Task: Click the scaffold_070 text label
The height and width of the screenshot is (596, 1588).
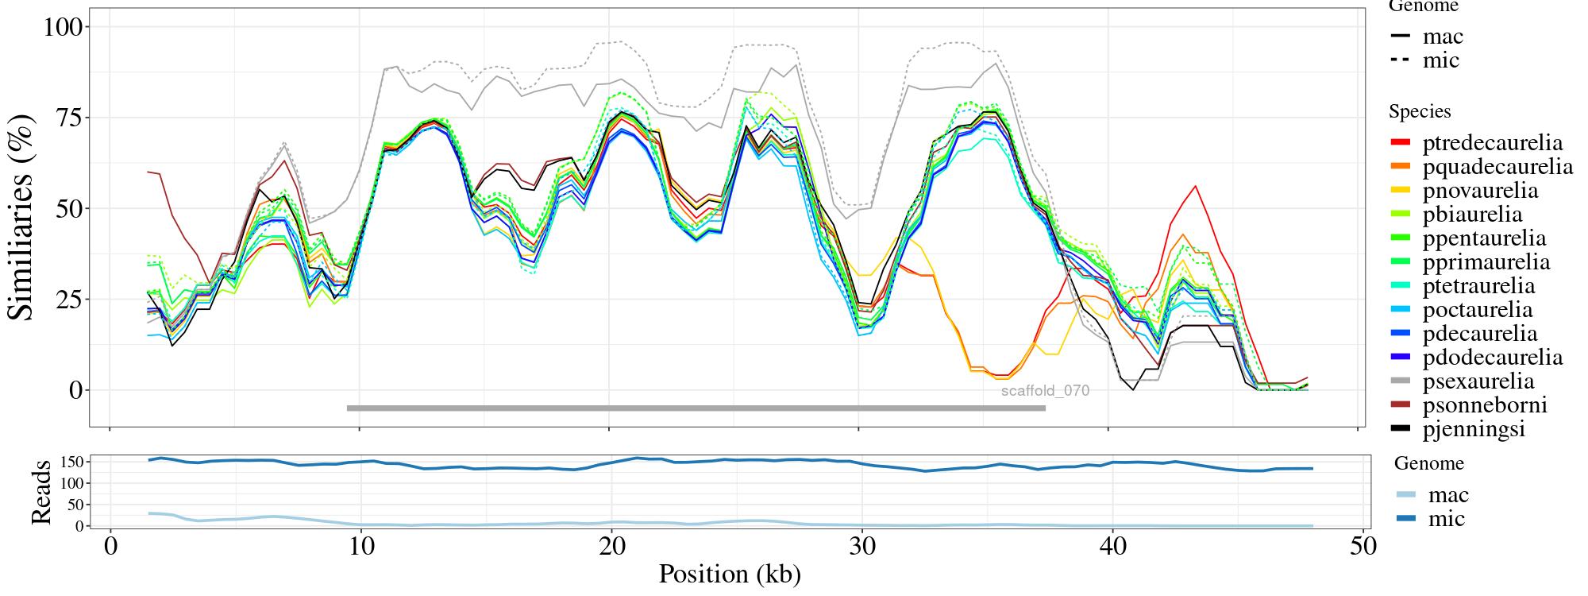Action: click(x=1045, y=391)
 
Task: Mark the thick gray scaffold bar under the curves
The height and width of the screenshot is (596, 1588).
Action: click(x=696, y=408)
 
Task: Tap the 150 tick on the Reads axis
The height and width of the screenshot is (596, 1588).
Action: click(x=73, y=462)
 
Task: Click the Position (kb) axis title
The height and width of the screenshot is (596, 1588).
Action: click(x=729, y=574)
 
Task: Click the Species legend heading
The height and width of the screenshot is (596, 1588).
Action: click(x=1420, y=112)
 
